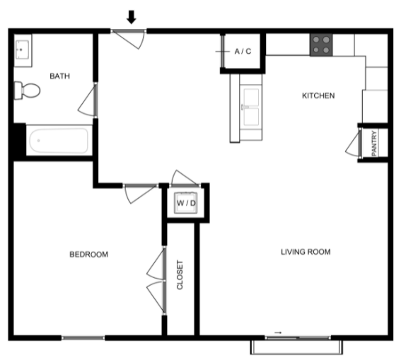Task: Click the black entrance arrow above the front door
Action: coord(132,17)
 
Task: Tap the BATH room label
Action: coord(60,76)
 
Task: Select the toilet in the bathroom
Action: coord(27,91)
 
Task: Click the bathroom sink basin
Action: coord(23,50)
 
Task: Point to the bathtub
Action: coord(59,141)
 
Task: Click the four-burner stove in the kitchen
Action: coord(321,45)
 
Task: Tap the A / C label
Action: coord(243,52)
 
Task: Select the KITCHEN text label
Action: coord(318,95)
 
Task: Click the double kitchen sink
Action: coord(250,107)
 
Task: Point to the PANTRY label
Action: coord(374,144)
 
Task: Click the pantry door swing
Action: coord(354,144)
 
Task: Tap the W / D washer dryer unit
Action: coord(185,203)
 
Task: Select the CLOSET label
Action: coord(180,275)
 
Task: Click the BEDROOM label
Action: coord(89,255)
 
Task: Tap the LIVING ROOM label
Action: coord(306,252)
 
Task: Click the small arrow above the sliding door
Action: coord(278,332)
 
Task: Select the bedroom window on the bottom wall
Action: coord(83,338)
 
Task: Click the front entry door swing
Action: coord(129,39)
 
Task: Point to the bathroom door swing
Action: coord(87,100)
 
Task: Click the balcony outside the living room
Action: coord(296,347)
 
